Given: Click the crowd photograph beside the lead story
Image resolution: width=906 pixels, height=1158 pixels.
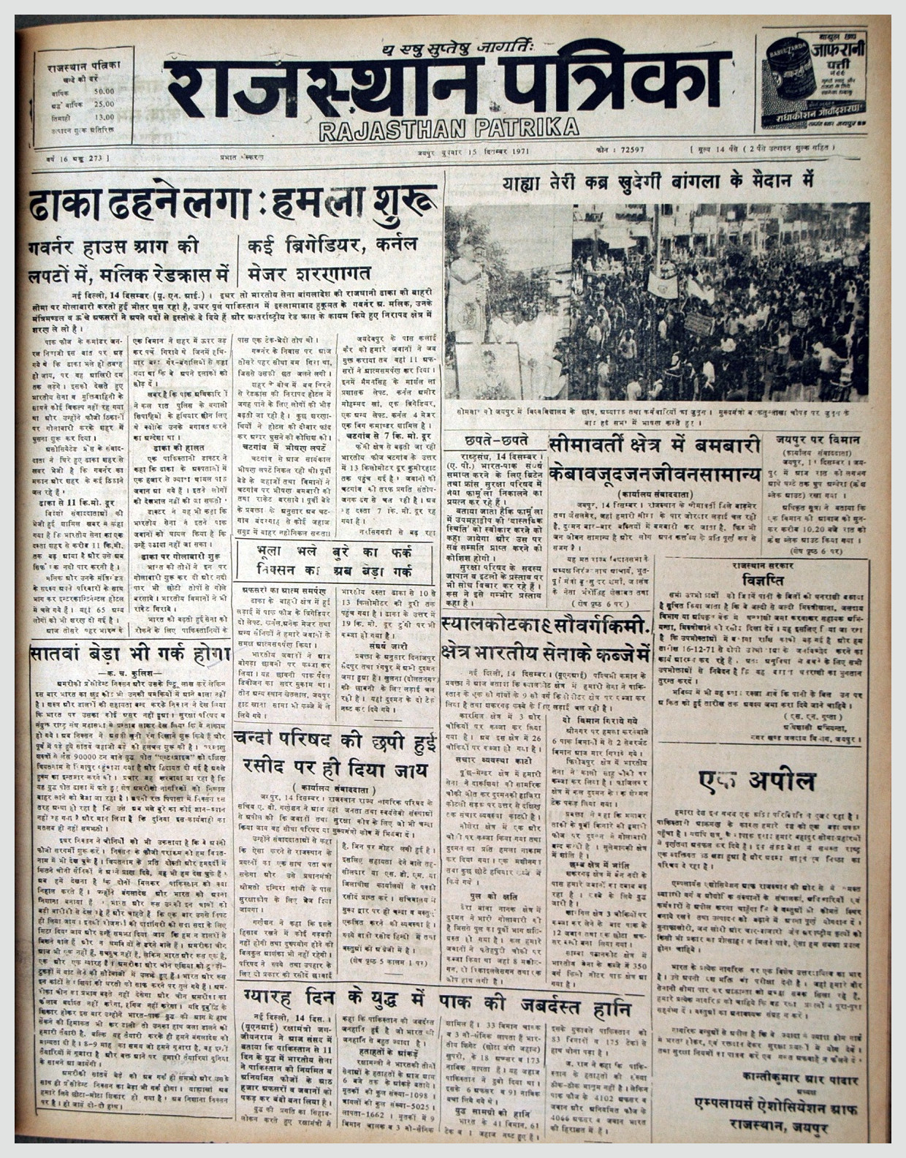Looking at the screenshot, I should [x=657, y=301].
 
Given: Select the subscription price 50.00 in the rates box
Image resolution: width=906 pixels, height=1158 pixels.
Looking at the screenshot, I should [x=104, y=91].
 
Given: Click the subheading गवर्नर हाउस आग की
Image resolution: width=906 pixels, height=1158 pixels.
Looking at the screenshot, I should [x=115, y=247].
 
